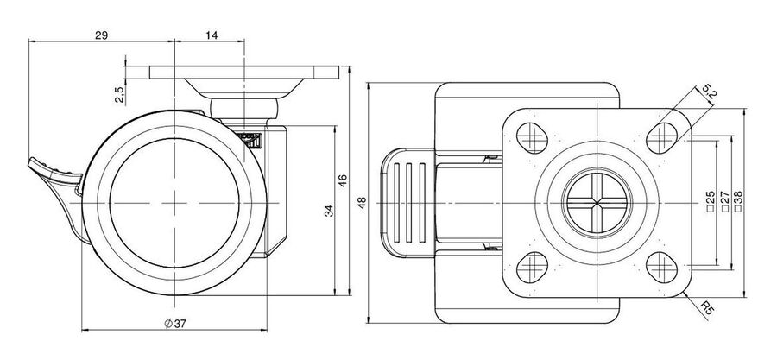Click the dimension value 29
pyautogui.click(x=102, y=35)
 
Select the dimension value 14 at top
pyautogui.click(x=211, y=35)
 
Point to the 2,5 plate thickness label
pyautogui.click(x=119, y=94)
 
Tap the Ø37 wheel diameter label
pyautogui.click(x=175, y=324)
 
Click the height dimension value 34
pyautogui.click(x=329, y=211)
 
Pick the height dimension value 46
pyautogui.click(x=343, y=180)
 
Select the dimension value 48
pyautogui.click(x=362, y=203)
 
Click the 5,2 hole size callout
pyautogui.click(x=709, y=92)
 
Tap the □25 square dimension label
pyautogui.click(x=711, y=201)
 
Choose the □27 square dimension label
pyautogui.click(x=724, y=201)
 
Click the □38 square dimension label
pyautogui.click(x=738, y=201)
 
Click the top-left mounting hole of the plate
pyautogui.click(x=532, y=137)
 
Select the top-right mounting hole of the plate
pyautogui.click(x=662, y=137)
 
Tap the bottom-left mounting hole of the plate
pyautogui.click(x=532, y=268)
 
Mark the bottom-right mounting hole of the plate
pyautogui.click(x=662, y=268)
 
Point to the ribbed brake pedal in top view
pyautogui.click(x=407, y=203)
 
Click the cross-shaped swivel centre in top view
pyautogui.click(x=597, y=203)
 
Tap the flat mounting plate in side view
pyautogui.click(x=244, y=73)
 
